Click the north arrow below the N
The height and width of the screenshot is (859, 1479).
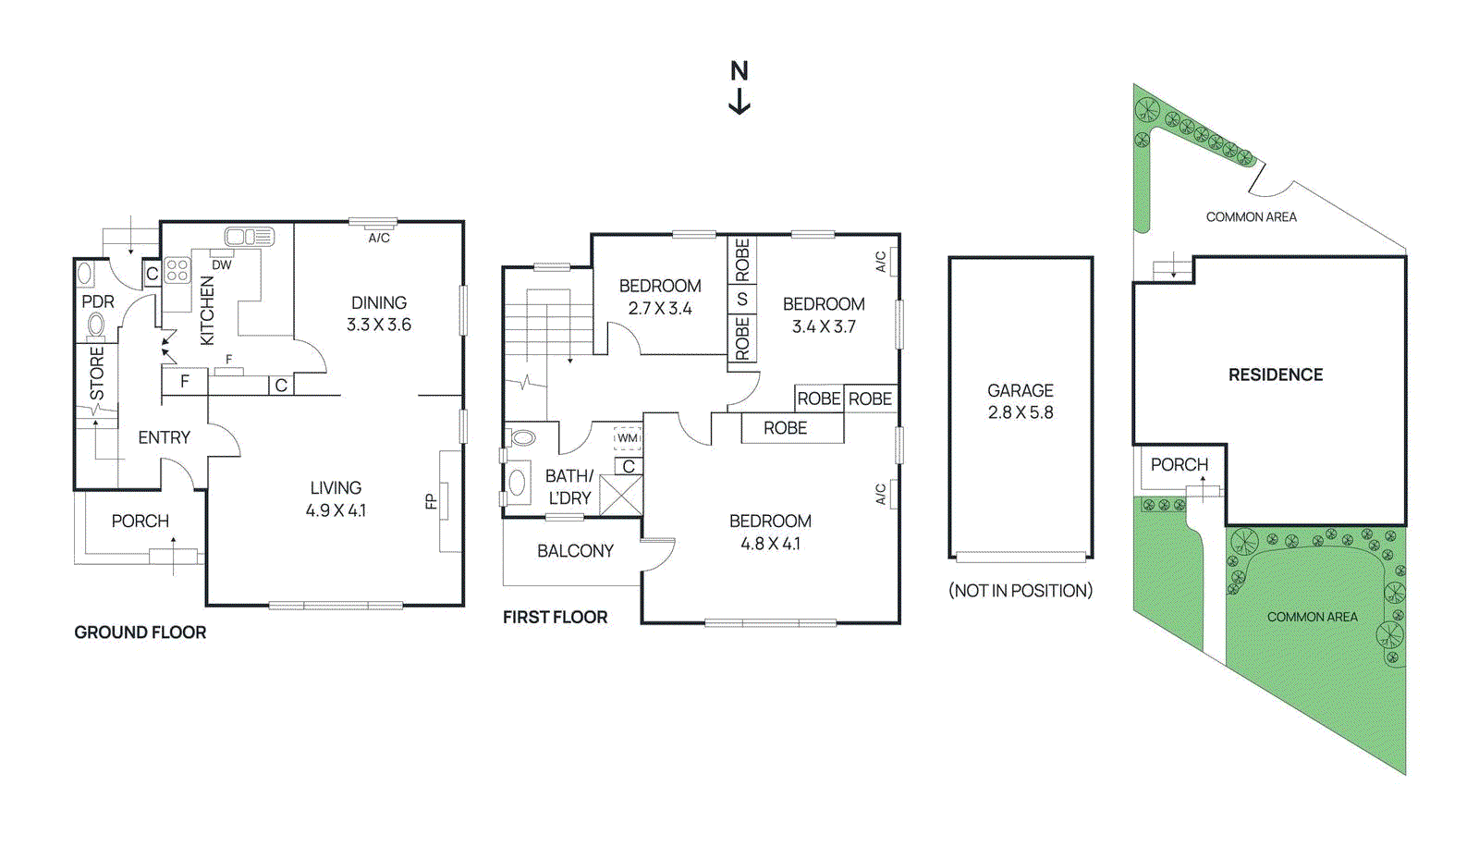(x=739, y=101)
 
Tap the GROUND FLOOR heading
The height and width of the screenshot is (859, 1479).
(x=140, y=632)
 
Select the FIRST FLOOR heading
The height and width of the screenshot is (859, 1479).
(x=555, y=617)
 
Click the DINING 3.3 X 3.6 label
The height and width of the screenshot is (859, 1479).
(x=379, y=313)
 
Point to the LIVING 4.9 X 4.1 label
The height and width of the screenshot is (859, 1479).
(x=336, y=498)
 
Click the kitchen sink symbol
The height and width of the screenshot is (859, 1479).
(x=250, y=238)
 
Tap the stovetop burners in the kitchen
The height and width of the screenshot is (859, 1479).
(x=177, y=270)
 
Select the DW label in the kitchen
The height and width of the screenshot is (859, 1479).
(x=222, y=264)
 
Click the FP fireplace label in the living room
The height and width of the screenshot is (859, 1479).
(x=431, y=502)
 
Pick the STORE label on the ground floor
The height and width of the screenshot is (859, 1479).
(x=97, y=373)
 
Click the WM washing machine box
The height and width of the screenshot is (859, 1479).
(x=628, y=438)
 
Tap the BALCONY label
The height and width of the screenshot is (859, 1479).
(x=575, y=551)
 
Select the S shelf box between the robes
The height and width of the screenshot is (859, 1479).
(x=741, y=300)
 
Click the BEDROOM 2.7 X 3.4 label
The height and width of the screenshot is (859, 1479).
(x=660, y=297)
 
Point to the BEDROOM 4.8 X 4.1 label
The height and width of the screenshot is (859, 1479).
(x=770, y=533)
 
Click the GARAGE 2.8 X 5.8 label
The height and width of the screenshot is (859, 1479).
(x=1021, y=401)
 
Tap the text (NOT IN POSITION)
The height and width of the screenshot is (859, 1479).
(x=1021, y=591)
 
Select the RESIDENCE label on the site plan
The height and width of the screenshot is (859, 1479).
(x=1276, y=374)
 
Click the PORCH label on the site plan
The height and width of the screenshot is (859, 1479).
(x=1180, y=464)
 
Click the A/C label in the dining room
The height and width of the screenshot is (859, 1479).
(x=379, y=238)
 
